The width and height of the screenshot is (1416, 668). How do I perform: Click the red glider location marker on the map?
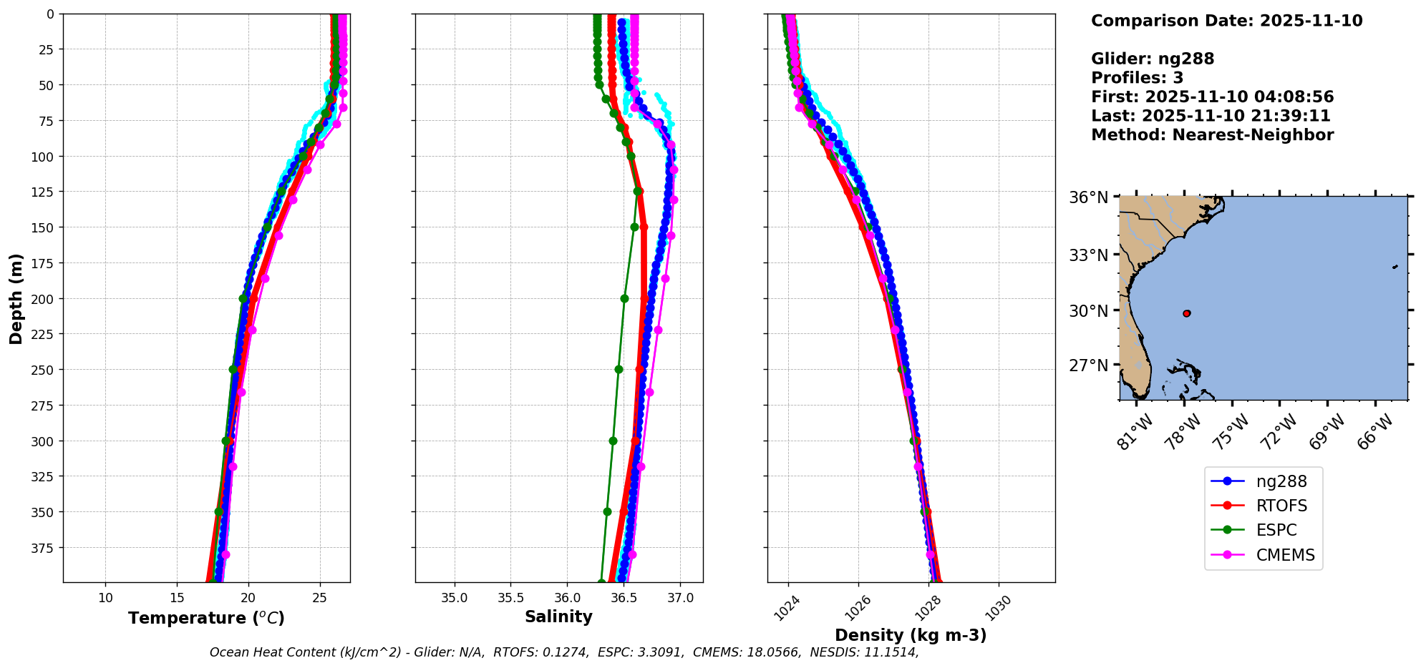tap(1187, 313)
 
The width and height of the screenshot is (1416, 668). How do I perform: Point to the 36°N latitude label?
tap(1088, 197)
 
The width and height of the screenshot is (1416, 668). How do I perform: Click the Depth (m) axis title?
tap(16, 298)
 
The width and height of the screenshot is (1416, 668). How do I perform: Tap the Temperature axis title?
tap(206, 618)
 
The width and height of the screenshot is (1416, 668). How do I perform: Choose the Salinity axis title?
tap(558, 617)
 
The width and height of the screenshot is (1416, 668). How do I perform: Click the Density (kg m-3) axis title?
tap(911, 635)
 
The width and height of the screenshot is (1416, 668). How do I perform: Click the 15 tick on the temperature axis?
tap(177, 598)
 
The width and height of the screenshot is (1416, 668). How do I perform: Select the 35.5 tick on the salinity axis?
tap(510, 598)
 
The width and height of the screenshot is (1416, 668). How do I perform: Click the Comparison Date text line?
tap(1226, 21)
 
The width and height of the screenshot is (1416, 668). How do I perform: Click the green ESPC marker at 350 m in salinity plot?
tap(607, 511)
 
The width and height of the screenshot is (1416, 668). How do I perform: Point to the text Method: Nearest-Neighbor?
tap(1212, 135)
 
